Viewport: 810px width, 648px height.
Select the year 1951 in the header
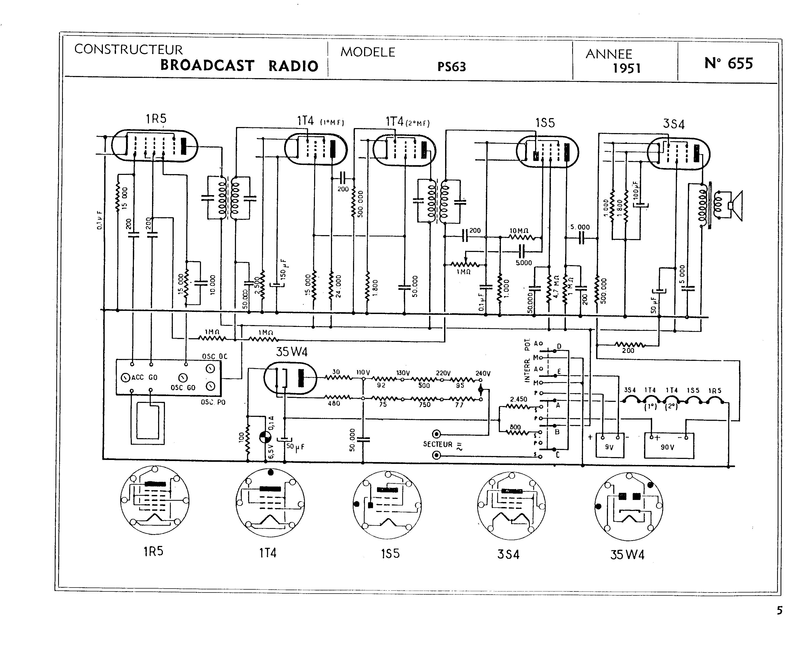626,68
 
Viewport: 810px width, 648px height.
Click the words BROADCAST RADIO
239,65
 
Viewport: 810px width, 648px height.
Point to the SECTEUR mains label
438,444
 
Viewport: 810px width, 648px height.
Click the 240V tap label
483,373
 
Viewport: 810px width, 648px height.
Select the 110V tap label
363,373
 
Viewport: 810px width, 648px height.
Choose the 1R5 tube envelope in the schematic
154,146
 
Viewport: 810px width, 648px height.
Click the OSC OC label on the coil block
214,356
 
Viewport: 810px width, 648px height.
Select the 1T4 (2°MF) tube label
407,122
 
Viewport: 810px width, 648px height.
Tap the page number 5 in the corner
779,610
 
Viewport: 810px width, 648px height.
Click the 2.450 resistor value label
519,399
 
